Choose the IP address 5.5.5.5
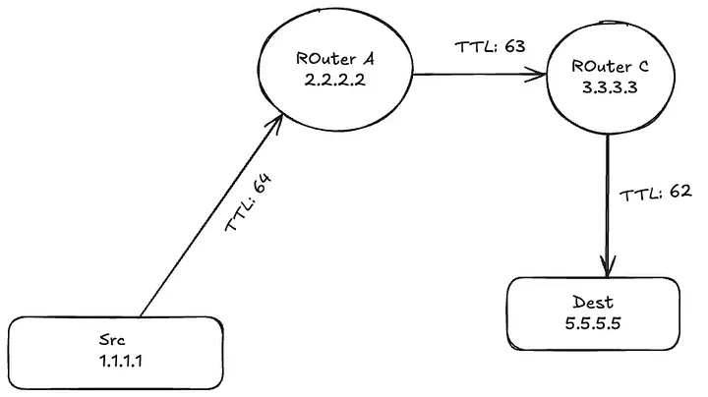coord(593,324)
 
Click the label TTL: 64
coord(252,203)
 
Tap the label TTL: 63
coord(482,47)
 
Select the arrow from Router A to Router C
coord(482,73)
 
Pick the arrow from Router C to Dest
coord(609,206)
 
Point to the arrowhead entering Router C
coord(540,73)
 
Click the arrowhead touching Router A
coord(281,122)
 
